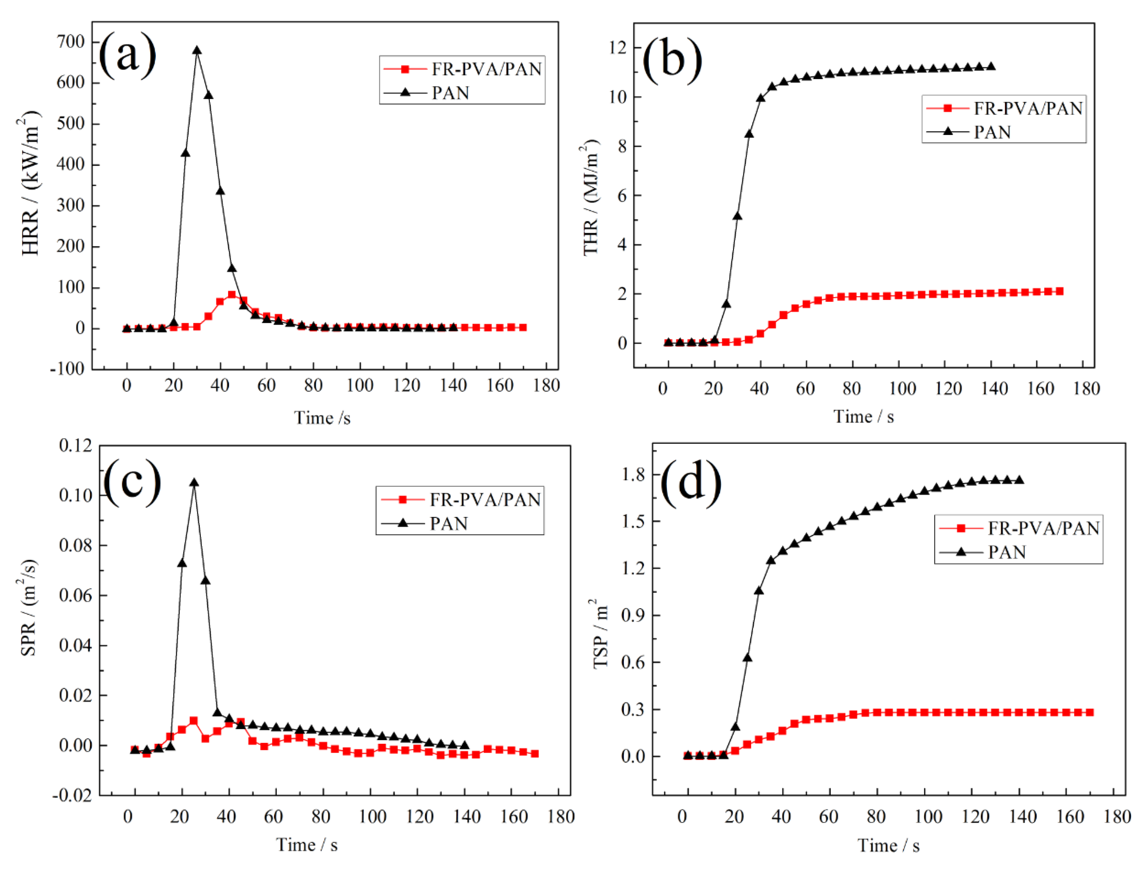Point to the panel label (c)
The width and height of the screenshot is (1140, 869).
click(x=133, y=482)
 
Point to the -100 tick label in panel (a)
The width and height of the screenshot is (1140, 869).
click(x=67, y=369)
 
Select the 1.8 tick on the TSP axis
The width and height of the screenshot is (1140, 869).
click(x=633, y=474)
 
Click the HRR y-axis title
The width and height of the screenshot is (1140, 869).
click(x=30, y=184)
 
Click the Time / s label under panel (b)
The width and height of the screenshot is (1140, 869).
click(x=863, y=417)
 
